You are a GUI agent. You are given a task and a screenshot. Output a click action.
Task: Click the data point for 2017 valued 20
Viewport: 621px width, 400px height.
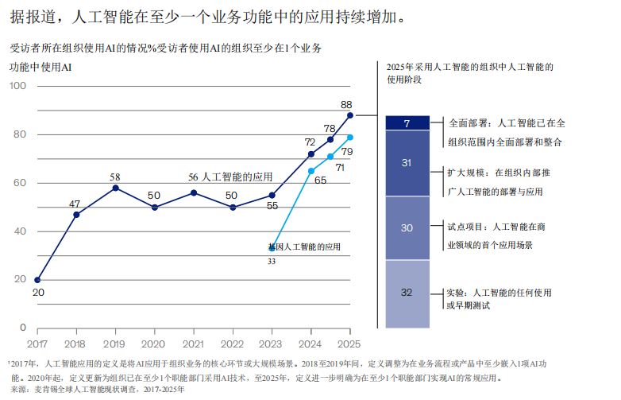tap(37, 280)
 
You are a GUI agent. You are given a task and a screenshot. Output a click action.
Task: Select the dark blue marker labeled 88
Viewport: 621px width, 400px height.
tap(350, 115)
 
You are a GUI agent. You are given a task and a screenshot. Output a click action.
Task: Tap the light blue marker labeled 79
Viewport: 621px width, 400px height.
tap(350, 137)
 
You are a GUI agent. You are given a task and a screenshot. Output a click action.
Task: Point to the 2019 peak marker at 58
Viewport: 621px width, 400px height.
tap(115, 188)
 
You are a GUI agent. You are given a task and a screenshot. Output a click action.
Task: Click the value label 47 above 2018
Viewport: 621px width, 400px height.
tap(75, 204)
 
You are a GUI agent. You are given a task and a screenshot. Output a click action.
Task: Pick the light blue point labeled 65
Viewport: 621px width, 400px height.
tap(311, 171)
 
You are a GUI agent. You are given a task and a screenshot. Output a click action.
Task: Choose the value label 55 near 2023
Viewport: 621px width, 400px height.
tap(272, 206)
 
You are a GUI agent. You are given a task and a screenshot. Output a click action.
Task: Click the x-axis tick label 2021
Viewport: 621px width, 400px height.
tap(193, 343)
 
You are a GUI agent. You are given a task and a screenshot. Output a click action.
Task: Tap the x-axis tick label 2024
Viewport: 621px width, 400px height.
tap(310, 343)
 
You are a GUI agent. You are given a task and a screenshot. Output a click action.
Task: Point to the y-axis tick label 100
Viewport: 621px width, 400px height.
tap(18, 86)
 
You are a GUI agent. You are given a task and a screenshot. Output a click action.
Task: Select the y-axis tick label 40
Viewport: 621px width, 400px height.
tap(21, 231)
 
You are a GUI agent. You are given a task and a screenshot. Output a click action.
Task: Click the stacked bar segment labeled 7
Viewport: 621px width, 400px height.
tap(407, 123)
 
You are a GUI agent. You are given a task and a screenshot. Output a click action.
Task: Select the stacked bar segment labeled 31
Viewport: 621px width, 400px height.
tap(407, 163)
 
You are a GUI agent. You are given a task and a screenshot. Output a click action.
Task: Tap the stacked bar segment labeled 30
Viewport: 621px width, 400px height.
tap(407, 228)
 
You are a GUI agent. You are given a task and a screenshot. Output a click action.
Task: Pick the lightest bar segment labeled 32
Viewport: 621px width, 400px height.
tap(407, 293)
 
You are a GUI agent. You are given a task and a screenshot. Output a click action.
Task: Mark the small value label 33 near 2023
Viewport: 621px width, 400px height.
tap(272, 261)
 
